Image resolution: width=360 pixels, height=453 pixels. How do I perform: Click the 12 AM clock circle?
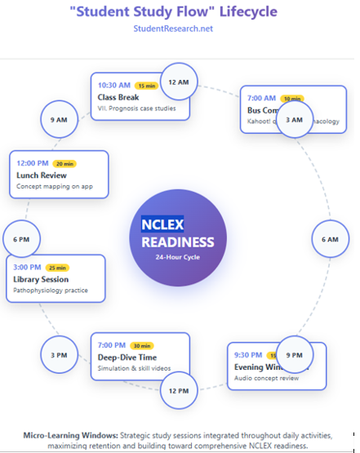178,82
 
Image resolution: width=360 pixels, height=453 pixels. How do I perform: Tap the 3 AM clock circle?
296,119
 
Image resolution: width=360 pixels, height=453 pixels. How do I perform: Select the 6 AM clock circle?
330,239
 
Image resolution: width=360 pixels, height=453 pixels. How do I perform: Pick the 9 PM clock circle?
294,355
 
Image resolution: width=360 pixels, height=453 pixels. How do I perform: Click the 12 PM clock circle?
178,390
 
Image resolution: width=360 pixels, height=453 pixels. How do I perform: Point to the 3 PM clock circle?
59,354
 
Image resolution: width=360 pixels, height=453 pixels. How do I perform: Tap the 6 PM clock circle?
21,239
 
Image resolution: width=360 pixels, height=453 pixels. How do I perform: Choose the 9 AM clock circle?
59,120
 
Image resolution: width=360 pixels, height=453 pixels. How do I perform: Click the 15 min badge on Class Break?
147,85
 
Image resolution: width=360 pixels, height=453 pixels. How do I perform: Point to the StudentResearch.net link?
178,29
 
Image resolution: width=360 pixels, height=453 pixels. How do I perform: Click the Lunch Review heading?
42,175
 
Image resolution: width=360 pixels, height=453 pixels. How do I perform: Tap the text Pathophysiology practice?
51,290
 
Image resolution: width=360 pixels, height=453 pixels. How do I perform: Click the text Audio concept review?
266,377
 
